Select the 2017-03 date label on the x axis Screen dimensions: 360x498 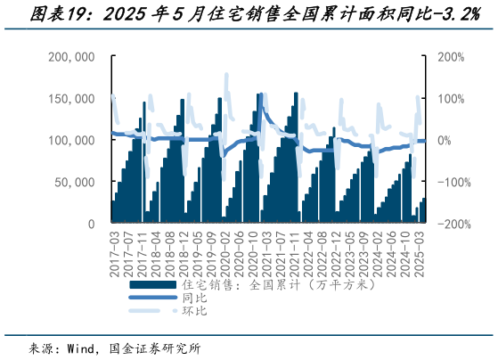click(x=113, y=250)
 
